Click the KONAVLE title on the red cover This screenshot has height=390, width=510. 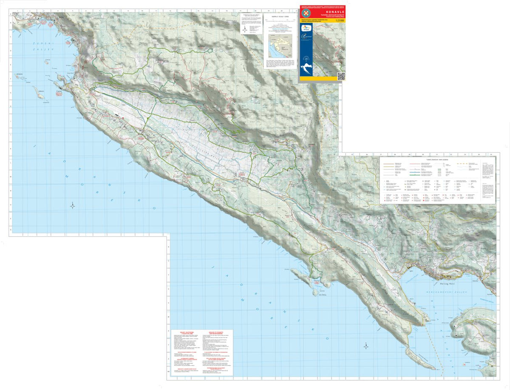[322, 13]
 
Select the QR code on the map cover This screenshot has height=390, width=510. [341, 76]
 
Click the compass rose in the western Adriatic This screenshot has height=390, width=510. [73, 206]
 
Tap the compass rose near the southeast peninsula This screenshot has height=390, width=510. [366, 346]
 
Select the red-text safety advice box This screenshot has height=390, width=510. [199, 353]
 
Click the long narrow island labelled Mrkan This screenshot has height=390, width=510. [38, 93]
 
